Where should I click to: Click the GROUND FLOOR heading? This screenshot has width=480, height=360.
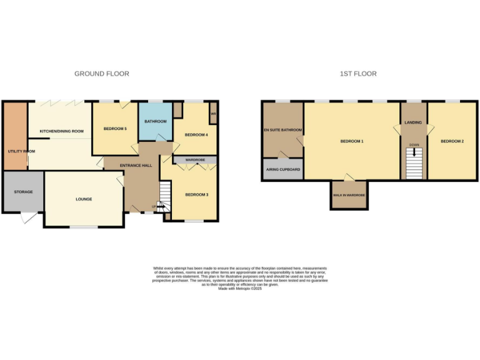(102, 74)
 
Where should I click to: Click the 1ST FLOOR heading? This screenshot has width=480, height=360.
(358, 74)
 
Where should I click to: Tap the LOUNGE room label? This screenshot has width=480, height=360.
(84, 199)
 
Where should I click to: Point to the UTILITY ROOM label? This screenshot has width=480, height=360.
(21, 151)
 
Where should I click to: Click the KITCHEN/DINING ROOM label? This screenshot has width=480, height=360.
(61, 131)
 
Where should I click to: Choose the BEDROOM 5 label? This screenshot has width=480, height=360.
(115, 129)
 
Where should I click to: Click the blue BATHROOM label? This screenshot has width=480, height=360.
(154, 121)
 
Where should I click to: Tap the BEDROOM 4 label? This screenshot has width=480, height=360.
(196, 135)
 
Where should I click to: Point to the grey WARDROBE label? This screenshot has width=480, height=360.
(195, 160)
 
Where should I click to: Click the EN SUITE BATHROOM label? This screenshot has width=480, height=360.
(282, 130)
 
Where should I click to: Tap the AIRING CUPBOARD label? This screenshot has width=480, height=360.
(282, 169)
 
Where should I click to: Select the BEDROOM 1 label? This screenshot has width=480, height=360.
(352, 141)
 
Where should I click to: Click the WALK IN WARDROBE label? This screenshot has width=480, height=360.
(349, 196)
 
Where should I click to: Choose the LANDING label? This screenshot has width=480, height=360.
(413, 122)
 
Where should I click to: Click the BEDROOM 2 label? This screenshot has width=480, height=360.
(452, 141)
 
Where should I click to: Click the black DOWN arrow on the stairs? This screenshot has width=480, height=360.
(414, 152)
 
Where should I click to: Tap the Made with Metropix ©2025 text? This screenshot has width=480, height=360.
(240, 288)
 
